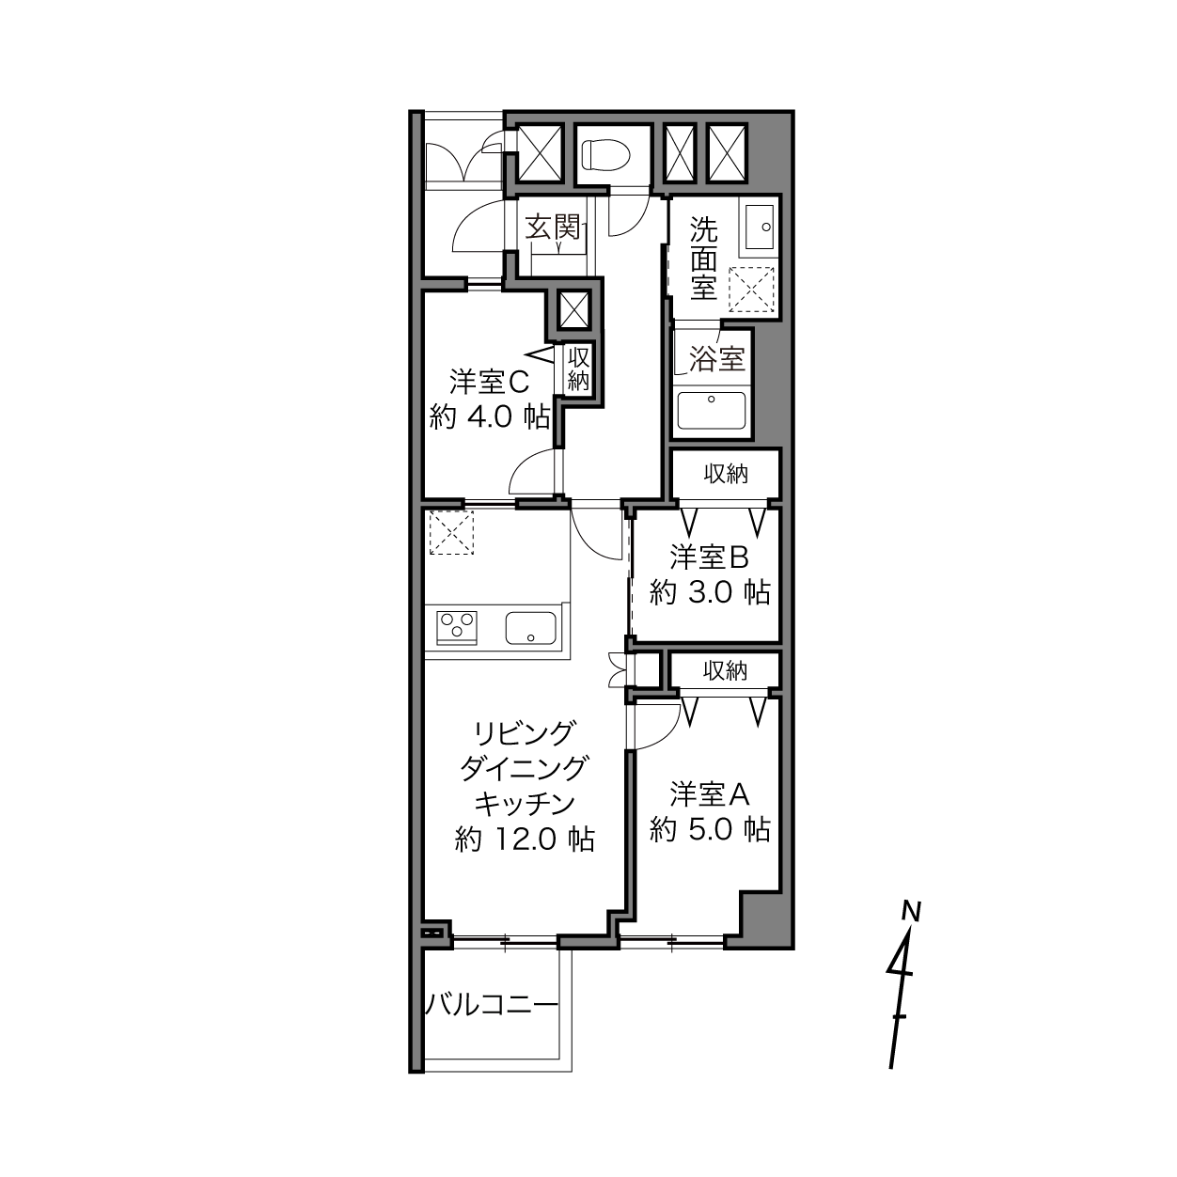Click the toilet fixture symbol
pyautogui.click(x=605, y=155)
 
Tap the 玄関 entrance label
pyautogui.click(x=553, y=228)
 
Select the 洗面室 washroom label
pyautogui.click(x=703, y=259)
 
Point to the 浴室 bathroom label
pyautogui.click(x=716, y=358)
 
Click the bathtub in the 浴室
pyautogui.click(x=711, y=411)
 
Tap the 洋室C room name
pyautogui.click(x=489, y=383)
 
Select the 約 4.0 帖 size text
pyautogui.click(x=489, y=417)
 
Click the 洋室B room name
pyautogui.click(x=709, y=557)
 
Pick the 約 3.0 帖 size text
pyautogui.click(x=710, y=592)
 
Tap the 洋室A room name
pyautogui.click(x=709, y=794)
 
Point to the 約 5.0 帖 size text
pyautogui.click(x=710, y=829)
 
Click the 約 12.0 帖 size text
pyautogui.click(x=525, y=840)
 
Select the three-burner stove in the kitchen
pyautogui.click(x=457, y=628)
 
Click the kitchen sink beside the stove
pyautogui.click(x=530, y=628)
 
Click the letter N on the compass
pyautogui.click(x=911, y=911)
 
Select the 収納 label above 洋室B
pyautogui.click(x=726, y=474)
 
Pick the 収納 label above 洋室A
pyautogui.click(x=725, y=670)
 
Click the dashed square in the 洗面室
pyautogui.click(x=751, y=290)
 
